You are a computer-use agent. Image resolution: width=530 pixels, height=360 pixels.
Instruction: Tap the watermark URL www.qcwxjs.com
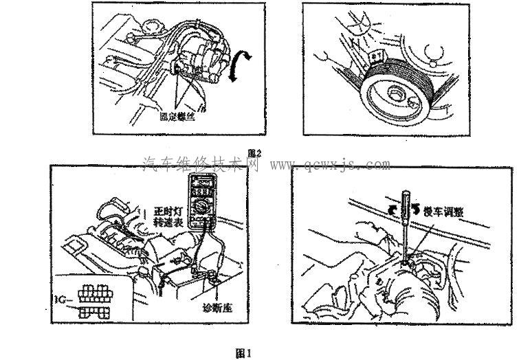pyautogui.click(x=329, y=165)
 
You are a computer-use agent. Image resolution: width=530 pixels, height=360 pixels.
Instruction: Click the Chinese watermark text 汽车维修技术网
pyautogui.click(x=200, y=165)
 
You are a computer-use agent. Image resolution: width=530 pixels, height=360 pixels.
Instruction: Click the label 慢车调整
pyautogui.click(x=443, y=212)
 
